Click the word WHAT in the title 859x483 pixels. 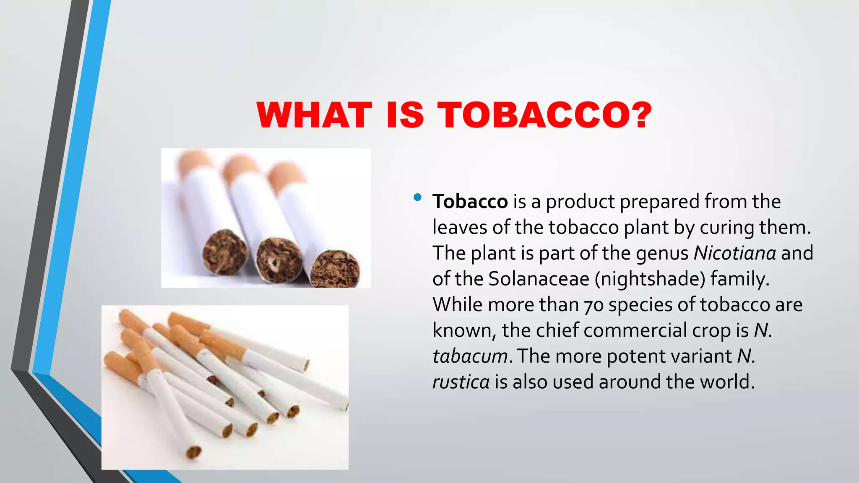[x=315, y=115]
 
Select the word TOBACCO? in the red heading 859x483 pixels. [x=545, y=115]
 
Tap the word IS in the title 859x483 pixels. [x=405, y=115]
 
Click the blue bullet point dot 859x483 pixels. [x=417, y=197]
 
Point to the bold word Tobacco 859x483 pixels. [x=470, y=202]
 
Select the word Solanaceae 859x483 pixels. [x=539, y=279]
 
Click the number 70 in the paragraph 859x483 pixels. [x=593, y=305]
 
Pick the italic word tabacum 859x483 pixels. [x=470, y=357]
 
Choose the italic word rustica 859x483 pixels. [x=461, y=382]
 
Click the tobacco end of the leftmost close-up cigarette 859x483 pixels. [x=225, y=252]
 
